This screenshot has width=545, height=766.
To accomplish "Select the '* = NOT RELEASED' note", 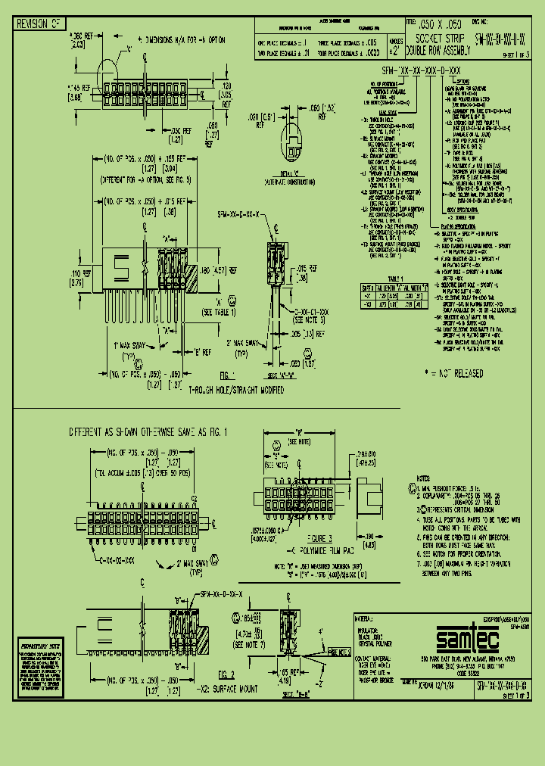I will [455, 372].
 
